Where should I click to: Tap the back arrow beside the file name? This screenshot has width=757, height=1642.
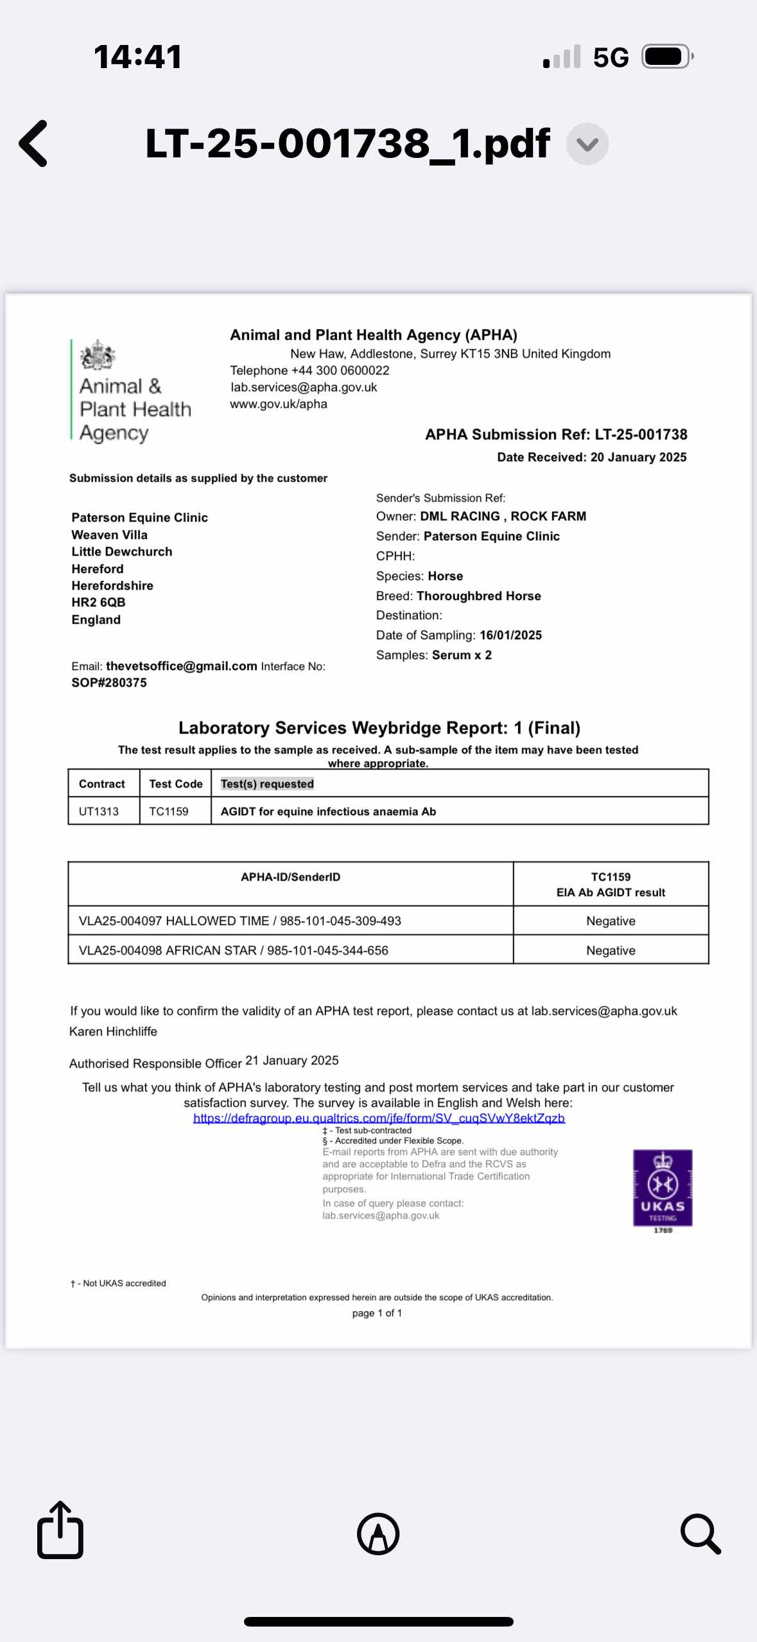click(33, 143)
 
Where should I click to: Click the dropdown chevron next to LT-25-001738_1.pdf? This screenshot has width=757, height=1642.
click(587, 144)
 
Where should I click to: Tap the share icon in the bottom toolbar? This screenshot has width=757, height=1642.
click(60, 1532)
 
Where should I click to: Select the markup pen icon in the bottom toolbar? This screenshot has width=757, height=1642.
click(378, 1534)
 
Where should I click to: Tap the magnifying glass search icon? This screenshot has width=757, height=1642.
click(700, 1534)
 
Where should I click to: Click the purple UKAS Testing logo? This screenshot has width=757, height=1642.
click(662, 1188)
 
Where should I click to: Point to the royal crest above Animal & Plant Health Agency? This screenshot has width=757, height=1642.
click(97, 355)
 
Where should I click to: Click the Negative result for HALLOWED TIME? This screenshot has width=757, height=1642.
click(611, 921)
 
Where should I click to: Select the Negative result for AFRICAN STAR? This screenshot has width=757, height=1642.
click(611, 950)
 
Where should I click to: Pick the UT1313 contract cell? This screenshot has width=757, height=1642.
click(99, 811)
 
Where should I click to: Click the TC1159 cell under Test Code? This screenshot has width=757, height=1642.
click(169, 811)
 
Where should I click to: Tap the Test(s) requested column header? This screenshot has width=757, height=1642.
click(267, 784)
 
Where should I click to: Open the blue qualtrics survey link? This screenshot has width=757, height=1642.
click(379, 1118)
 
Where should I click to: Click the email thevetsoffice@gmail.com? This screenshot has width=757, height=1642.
click(181, 666)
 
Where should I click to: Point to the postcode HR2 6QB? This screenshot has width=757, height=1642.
click(98, 603)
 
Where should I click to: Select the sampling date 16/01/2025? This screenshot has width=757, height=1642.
click(510, 635)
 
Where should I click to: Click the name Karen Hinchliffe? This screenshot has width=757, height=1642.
click(113, 1031)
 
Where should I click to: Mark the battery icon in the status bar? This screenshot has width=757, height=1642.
click(667, 57)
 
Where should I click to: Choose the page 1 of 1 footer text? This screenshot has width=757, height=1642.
click(377, 1313)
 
